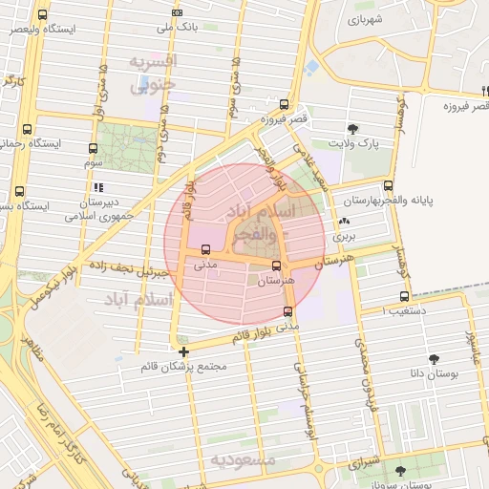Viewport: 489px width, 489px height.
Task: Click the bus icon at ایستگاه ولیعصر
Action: pos(42,15)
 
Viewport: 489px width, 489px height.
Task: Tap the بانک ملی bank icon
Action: pos(177,12)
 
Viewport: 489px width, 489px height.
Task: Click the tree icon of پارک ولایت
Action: pos(354,128)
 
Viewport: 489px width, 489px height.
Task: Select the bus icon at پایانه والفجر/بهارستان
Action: pos(387,185)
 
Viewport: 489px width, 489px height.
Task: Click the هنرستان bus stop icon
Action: pos(277,265)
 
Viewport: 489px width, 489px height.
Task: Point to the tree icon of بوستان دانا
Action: pos(435,359)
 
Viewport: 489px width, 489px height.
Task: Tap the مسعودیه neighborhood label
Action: pos(243,460)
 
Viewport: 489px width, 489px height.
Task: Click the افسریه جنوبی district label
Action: pos(153,73)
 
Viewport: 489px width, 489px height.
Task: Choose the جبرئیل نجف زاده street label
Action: pos(129,266)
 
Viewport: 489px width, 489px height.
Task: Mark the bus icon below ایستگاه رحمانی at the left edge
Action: pos(19,191)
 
